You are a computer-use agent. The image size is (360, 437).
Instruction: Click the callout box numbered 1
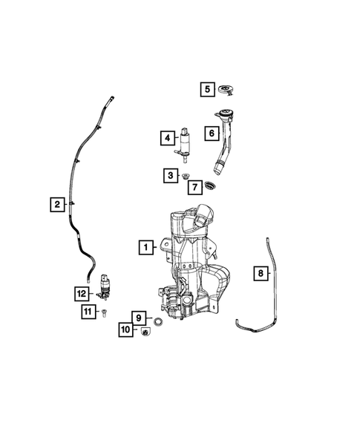pos(145,246)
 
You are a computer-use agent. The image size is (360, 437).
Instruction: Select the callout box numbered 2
pos(56,204)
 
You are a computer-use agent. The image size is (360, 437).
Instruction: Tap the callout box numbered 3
pos(171,175)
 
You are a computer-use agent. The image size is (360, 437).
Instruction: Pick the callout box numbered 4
pos(168,137)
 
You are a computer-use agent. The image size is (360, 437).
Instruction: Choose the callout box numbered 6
pos(211,134)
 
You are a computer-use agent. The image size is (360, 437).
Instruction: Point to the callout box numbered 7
pos(194,187)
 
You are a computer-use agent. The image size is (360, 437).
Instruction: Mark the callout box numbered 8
pos(260,274)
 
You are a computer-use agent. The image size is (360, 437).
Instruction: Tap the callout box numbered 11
pos(87,312)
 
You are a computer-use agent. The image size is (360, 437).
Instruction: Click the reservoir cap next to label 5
pos(227,91)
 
